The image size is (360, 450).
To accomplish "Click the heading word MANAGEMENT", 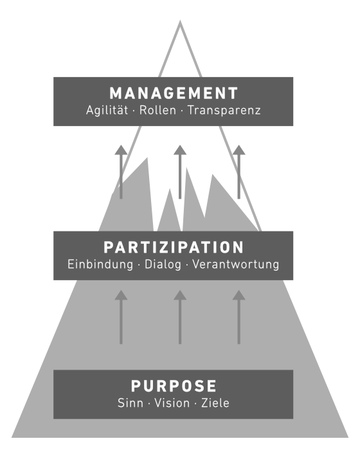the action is coord(174,93).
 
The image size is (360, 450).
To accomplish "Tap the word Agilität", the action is coord(107,111).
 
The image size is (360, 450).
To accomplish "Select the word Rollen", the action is coord(157,110).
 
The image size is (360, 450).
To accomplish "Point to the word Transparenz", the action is coord(224,111).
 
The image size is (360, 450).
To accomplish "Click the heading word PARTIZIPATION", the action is coord(174,248).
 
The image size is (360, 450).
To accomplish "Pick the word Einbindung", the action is coord(100,265).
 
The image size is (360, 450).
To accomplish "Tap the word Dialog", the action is coord(163,265).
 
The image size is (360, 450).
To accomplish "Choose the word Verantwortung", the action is coord(236,265).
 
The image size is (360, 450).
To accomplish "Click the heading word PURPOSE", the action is coord(174,386).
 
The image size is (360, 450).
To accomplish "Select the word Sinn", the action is coord(130,403).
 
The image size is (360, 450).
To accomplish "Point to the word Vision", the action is coord(172,403).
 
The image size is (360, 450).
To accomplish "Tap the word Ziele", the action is coord(215,403).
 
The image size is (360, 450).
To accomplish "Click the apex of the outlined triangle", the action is coord(180,21).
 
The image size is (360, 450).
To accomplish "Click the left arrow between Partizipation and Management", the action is coord(121,172).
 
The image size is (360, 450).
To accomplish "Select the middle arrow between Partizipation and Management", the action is coord(180,172).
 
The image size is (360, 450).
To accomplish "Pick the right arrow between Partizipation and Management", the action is coord(239,172).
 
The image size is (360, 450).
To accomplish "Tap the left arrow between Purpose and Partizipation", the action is coord(121,317).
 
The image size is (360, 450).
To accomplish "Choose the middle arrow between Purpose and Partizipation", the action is coord(180,317).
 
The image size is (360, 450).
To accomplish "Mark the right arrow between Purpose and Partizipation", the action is coord(239,317).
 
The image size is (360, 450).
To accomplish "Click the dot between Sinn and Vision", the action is coord(149,404).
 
